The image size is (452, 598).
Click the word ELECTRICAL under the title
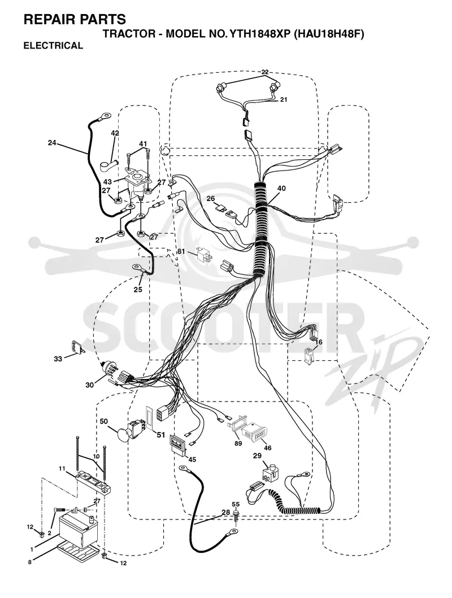(x=53, y=45)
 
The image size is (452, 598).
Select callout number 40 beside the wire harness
(x=281, y=189)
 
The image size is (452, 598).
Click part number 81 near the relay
(x=181, y=251)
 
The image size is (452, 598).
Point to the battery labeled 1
(x=77, y=530)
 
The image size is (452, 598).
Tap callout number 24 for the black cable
(x=52, y=143)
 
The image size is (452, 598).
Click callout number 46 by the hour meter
(x=268, y=448)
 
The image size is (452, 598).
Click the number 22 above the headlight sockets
(x=265, y=72)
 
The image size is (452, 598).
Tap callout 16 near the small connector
(x=319, y=342)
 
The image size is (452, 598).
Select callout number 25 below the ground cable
(x=138, y=290)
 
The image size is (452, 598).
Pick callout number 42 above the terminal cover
(x=115, y=133)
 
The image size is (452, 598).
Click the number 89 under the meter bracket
(x=238, y=443)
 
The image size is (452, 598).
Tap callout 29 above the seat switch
(x=257, y=455)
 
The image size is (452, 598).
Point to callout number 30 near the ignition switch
(x=90, y=385)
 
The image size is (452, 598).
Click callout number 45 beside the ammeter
(x=192, y=460)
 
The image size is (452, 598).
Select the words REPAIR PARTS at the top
(x=75, y=19)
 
